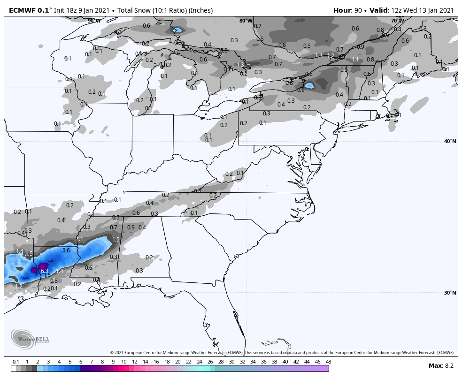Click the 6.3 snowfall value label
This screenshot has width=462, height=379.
tap(45, 271)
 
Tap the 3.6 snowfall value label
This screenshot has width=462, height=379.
tap(66, 250)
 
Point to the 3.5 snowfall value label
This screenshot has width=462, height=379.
tap(46, 275)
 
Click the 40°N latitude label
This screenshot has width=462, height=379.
tap(450, 141)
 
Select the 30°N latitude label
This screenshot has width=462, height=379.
tap(450, 293)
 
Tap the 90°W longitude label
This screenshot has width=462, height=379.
tap(94, 21)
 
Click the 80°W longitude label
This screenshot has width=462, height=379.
tap(246, 21)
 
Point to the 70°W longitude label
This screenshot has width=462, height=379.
tap(397, 21)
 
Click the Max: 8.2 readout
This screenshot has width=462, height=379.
tap(441, 365)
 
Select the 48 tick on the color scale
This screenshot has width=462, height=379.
tap(328, 362)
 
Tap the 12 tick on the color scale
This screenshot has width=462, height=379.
tap(135, 362)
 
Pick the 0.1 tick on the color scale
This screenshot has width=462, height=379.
tap(15, 362)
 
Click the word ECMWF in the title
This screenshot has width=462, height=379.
tap(19, 10)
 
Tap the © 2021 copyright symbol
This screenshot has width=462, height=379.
tap(112, 353)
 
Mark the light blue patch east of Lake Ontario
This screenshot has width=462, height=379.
tap(309, 86)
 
